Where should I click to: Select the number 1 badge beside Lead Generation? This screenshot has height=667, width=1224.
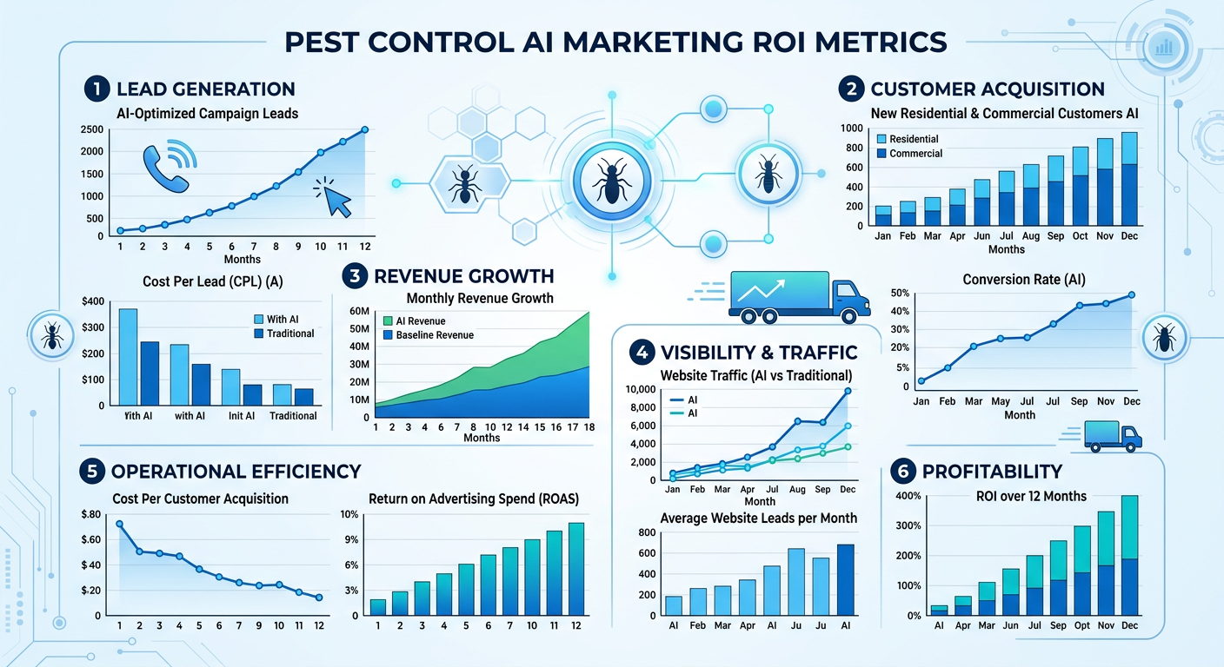tap(95, 89)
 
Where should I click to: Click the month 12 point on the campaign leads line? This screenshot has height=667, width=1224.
tap(364, 129)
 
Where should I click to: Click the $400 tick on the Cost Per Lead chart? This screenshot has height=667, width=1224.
tap(90, 301)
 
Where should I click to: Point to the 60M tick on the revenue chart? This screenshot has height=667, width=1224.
tap(359, 311)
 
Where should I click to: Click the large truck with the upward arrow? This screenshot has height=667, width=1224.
tap(799, 293)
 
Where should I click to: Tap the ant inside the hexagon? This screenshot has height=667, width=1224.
tap(464, 183)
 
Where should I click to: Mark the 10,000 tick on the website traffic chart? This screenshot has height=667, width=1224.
tap(643, 390)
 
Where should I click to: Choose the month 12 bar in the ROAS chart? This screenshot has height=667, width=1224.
tap(576, 569)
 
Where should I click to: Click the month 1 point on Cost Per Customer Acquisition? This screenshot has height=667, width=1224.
tap(120, 524)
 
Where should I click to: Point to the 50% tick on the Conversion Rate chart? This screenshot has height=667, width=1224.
tap(901, 294)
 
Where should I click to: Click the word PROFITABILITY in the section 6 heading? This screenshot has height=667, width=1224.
tap(992, 472)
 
